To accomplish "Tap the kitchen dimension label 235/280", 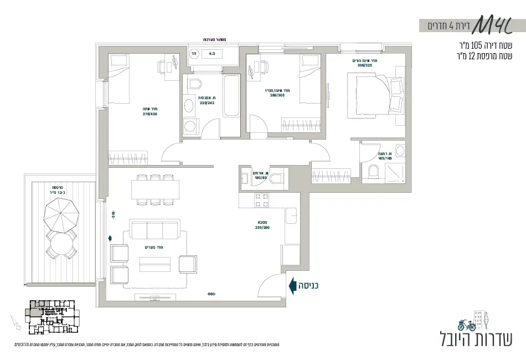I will pyautogui.click(x=262, y=227).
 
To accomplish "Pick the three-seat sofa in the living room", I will pyautogui.click(x=155, y=229).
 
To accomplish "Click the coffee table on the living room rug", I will pyautogui.click(x=155, y=264).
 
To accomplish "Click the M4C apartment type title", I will pyautogui.click(x=492, y=24).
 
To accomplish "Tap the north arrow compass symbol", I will pyautogui.click(x=14, y=323).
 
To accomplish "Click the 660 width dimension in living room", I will pyautogui.click(x=211, y=294).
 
